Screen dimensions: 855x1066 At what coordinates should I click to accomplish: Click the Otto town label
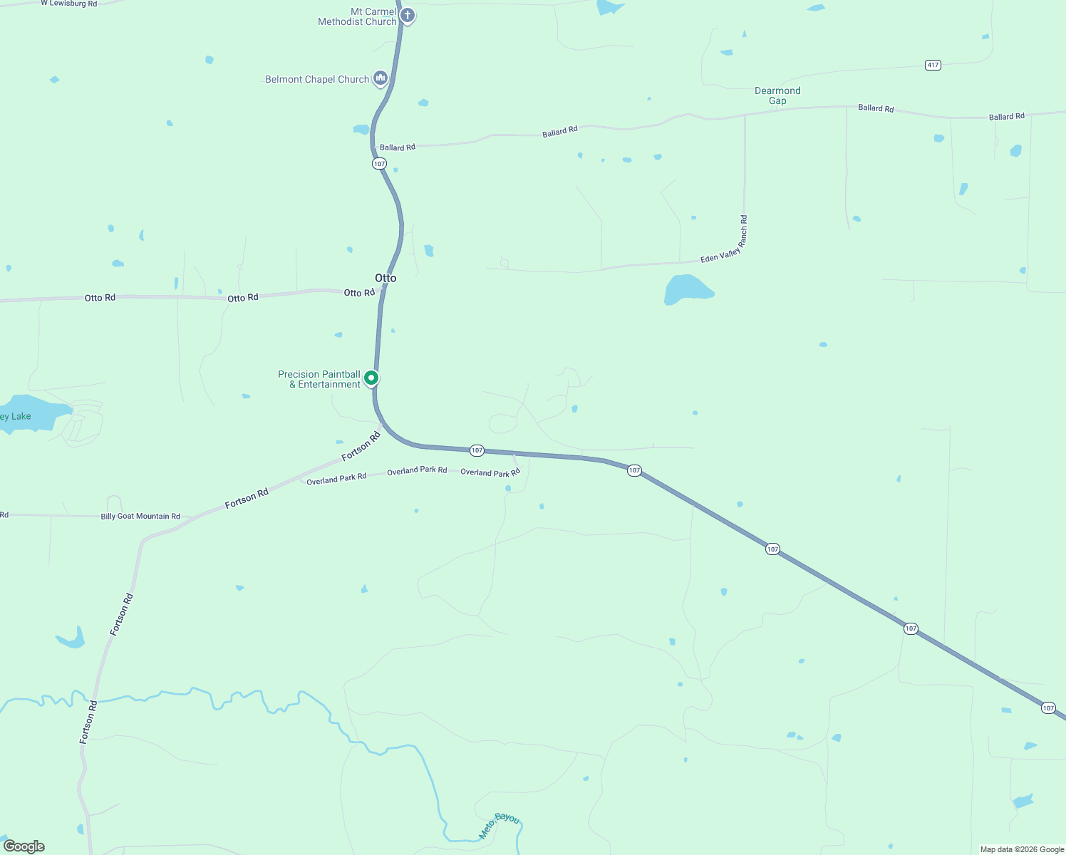pos(385,278)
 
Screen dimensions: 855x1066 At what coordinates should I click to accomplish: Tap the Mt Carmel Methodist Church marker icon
pos(407,15)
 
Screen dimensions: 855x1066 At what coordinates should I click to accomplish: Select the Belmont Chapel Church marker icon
pos(381,78)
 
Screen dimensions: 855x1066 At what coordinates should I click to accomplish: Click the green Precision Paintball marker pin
pos(371,378)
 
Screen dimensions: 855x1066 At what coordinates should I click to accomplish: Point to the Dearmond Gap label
pos(777,95)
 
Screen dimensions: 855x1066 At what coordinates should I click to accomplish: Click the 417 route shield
pos(933,65)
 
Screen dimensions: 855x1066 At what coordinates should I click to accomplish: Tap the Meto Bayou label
pos(499,824)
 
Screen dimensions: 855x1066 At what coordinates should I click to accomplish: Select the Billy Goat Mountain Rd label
pos(140,516)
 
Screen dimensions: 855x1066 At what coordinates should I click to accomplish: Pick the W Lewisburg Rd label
pos(68,4)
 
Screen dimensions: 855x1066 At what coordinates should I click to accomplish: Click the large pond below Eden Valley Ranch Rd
pos(685,290)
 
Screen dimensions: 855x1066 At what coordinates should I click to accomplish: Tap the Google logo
pos(24,846)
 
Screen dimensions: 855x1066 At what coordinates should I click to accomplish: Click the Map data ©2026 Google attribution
pos(1022,849)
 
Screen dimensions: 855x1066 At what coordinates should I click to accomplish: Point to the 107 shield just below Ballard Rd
pos(379,164)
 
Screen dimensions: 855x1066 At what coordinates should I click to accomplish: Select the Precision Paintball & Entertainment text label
pos(319,379)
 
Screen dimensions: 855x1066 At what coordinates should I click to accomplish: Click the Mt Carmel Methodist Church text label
pos(357,16)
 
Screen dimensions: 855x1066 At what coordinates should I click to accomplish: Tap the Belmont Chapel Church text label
pos(317,79)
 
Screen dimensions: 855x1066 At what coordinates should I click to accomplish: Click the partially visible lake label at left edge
pos(16,416)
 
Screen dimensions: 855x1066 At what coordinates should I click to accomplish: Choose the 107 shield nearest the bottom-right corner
pos(1047,708)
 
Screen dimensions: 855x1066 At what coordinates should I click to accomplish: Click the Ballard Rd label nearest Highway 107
pos(398,147)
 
